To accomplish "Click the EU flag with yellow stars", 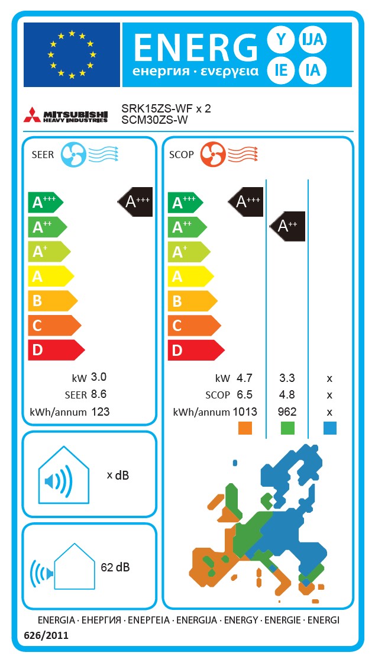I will click(72, 54).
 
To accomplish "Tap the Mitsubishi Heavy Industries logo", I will click(66, 115).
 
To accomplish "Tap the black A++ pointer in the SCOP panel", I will click(288, 226).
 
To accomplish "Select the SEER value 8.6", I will click(99, 394).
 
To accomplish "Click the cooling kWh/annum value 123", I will click(101, 412).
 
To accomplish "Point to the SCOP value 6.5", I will click(244, 394).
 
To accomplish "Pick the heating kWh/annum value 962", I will click(287, 412).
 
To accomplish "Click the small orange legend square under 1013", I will click(244, 428).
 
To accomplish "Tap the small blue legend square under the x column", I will click(329, 428).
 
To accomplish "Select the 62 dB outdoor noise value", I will click(115, 567).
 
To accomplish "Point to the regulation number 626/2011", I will click(46, 636).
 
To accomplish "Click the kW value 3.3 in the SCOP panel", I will click(287, 378).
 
